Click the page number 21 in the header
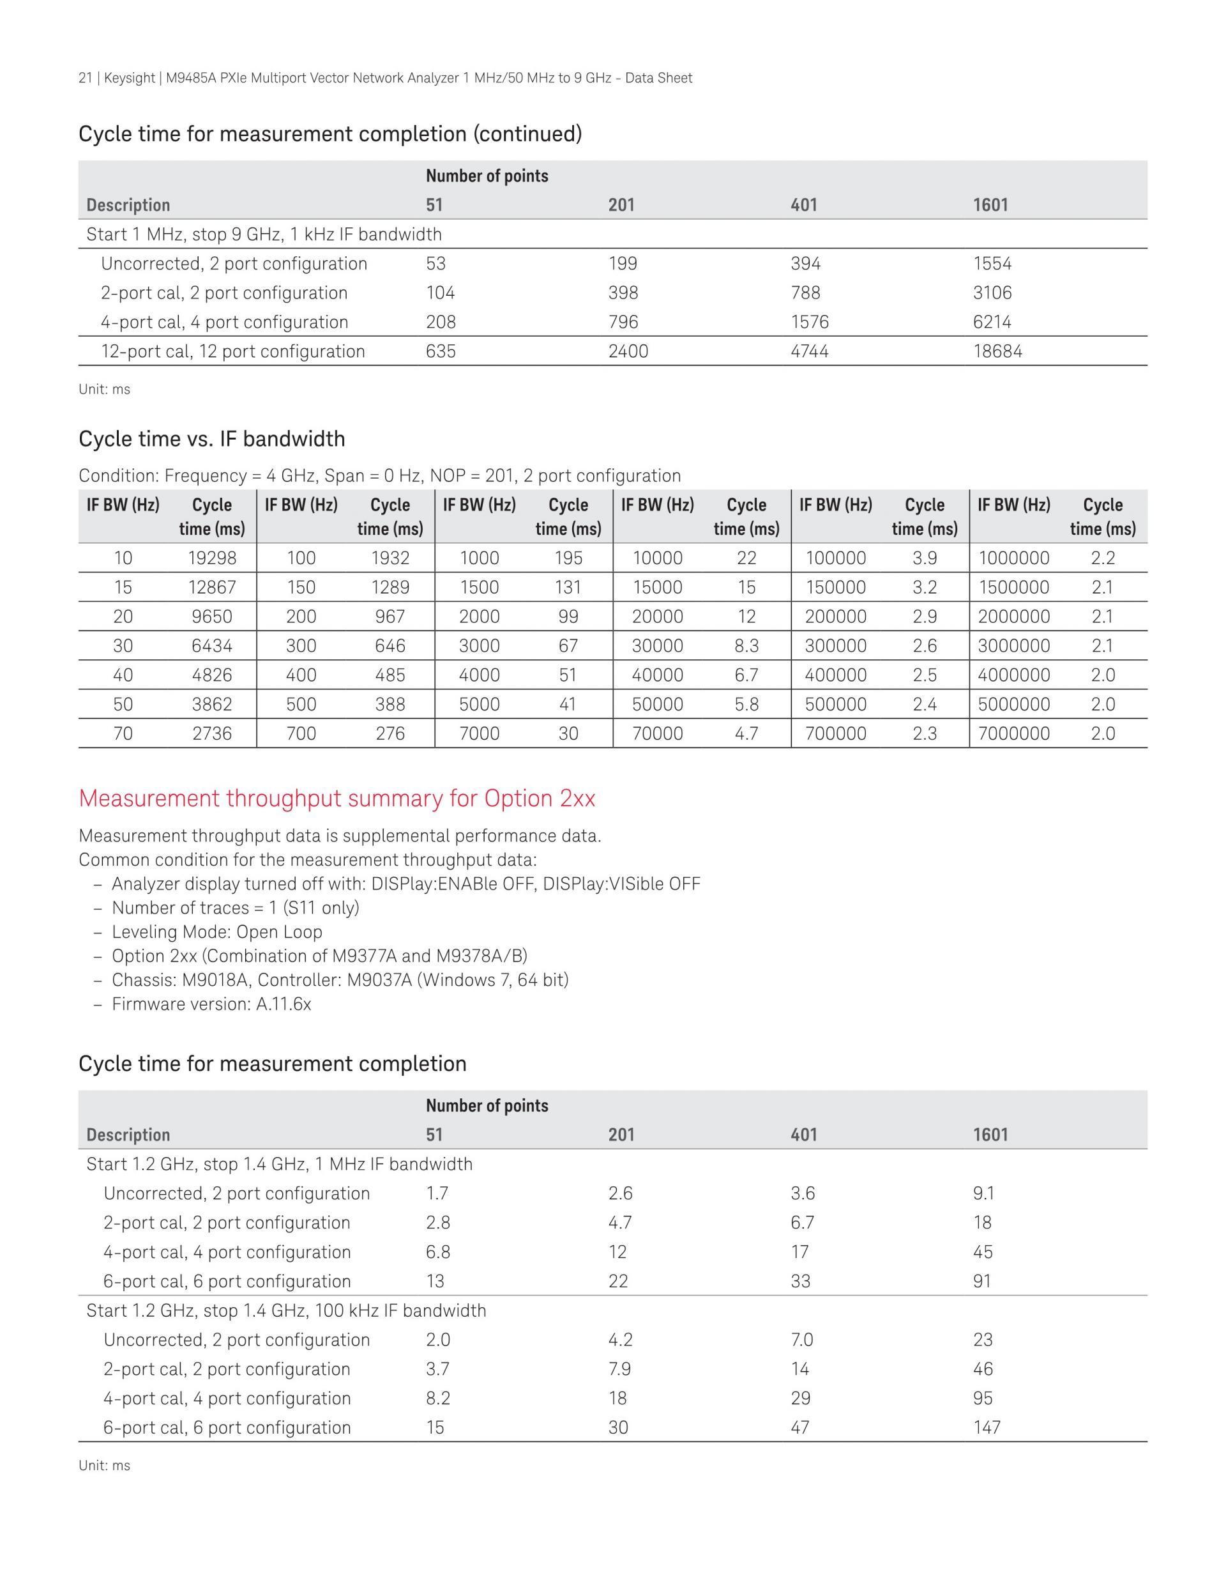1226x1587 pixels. coord(85,78)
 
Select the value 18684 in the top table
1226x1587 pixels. coord(997,351)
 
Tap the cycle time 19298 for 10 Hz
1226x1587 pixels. coord(212,558)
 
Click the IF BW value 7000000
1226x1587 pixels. coord(1013,734)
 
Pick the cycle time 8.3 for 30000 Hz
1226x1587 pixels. coord(746,646)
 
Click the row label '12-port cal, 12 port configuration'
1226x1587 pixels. coord(232,351)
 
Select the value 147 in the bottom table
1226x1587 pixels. coord(987,1428)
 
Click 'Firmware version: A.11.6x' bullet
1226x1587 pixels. coord(211,1004)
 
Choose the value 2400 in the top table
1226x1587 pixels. coord(628,351)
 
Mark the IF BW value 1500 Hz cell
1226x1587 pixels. coord(480,587)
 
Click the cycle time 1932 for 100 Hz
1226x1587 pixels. coord(390,558)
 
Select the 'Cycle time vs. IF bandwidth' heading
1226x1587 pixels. coord(211,439)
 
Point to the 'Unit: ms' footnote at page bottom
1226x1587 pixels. coord(104,1466)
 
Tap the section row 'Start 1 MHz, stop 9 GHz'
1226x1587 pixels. coord(264,234)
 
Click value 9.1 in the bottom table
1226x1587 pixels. coord(983,1194)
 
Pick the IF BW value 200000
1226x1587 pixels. coord(835,617)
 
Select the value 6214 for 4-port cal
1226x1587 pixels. coord(992,323)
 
